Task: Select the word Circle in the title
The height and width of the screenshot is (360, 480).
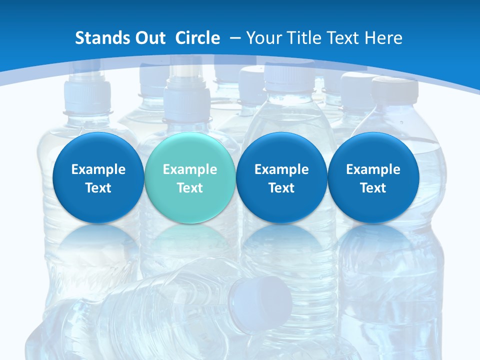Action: pyautogui.click(x=197, y=38)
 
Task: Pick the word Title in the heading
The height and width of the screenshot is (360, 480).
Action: pyautogui.click(x=305, y=38)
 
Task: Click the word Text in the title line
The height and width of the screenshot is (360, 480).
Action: pyautogui.click(x=343, y=38)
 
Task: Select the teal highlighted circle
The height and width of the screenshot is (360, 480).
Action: pyautogui.click(x=189, y=178)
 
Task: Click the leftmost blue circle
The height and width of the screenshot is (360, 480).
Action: pyautogui.click(x=98, y=178)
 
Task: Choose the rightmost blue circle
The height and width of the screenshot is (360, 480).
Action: pyautogui.click(x=373, y=178)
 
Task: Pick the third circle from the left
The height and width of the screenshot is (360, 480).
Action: pyautogui.click(x=281, y=178)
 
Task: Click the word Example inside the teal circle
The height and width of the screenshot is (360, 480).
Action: pyautogui.click(x=190, y=169)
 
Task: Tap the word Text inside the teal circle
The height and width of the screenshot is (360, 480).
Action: pyautogui.click(x=190, y=188)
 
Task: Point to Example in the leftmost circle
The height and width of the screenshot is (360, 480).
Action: pyautogui.click(x=98, y=169)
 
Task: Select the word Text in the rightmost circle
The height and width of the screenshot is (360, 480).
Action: pyautogui.click(x=373, y=188)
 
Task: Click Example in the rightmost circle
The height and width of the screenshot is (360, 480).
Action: pyautogui.click(x=373, y=169)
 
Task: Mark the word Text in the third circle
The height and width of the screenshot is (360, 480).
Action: pyautogui.click(x=281, y=188)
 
